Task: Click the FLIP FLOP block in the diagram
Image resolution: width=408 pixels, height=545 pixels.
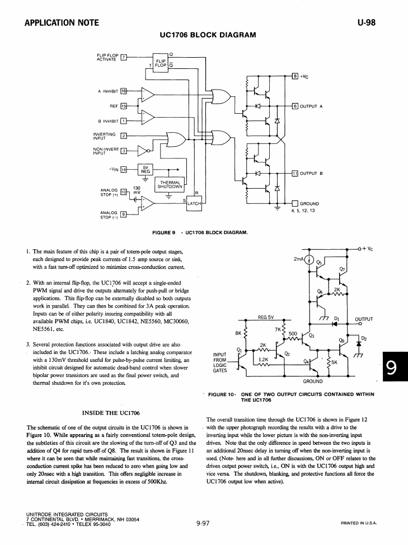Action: point(161,63)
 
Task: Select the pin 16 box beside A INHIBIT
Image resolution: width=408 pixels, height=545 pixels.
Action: point(124,91)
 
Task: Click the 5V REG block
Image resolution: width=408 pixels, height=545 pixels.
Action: point(146,169)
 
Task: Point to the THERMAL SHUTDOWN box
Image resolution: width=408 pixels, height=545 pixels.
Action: point(170,185)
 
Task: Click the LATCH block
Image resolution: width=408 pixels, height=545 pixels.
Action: point(194,203)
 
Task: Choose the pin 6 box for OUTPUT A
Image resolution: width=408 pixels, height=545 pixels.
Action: point(295,106)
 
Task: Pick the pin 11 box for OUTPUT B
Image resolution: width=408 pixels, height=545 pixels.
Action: point(295,173)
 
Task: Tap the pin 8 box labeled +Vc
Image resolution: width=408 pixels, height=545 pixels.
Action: point(295,76)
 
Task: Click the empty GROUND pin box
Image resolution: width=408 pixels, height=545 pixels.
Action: point(295,203)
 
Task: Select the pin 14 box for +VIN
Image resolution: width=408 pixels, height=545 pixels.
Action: point(124,169)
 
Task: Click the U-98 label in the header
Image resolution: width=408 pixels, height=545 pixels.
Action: point(367,23)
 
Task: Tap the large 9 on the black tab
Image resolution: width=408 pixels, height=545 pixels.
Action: point(391,367)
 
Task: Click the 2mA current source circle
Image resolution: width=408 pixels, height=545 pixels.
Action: point(309,259)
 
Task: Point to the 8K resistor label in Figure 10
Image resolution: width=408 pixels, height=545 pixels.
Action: point(238,333)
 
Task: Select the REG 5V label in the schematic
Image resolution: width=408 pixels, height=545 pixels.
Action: point(266,317)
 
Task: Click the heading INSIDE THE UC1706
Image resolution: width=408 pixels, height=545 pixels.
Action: point(111,413)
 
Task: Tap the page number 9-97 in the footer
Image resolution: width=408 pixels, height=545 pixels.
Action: point(203,523)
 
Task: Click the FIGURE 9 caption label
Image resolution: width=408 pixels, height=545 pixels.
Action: point(163,232)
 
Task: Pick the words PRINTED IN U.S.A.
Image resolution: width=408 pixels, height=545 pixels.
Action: point(359,523)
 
